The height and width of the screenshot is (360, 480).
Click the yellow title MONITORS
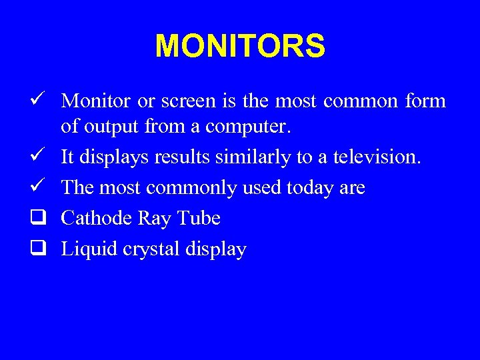240,47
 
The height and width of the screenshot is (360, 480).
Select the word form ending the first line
423,101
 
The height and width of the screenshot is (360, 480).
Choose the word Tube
198,219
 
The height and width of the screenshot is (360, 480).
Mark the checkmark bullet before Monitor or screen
37,101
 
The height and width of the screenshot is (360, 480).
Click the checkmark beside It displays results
37,156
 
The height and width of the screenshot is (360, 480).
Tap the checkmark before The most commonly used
37,187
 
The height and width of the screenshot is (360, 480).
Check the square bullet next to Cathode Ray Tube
37,218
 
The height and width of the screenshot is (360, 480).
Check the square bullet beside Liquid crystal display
37,249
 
